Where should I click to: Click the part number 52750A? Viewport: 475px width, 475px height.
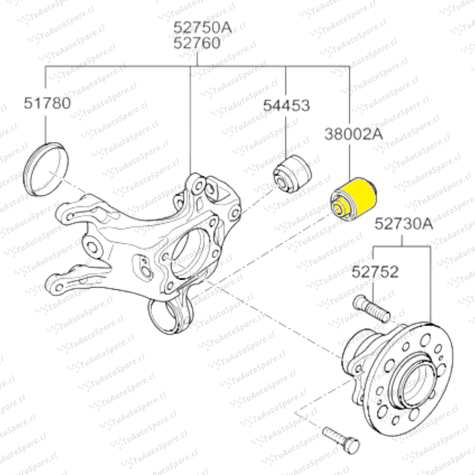pos(202,28)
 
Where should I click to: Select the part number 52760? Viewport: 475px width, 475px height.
pos(197,43)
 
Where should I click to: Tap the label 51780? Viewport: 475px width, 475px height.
pos(47,103)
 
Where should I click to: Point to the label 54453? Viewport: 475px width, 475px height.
pos(286,106)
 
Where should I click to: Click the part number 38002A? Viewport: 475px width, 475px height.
pos(354,134)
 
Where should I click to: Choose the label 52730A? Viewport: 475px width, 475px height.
pos(403,224)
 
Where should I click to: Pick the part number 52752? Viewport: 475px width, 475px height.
pos(375,272)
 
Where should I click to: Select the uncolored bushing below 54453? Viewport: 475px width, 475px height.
pos(292,174)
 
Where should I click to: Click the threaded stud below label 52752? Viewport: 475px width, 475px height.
pos(372,309)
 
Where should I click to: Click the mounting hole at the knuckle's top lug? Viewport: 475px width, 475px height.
pos(198,185)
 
